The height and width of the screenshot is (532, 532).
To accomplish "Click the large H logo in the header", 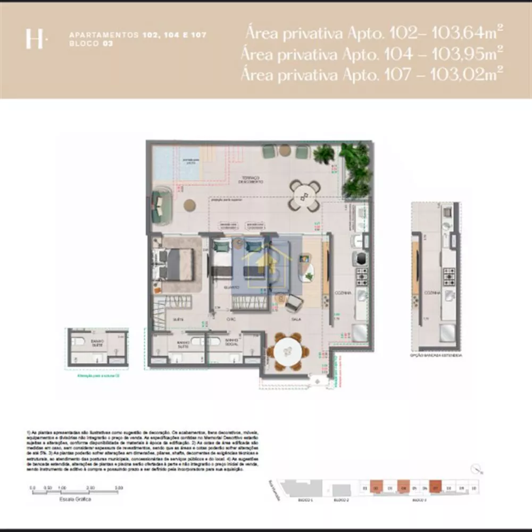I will [x=35, y=39].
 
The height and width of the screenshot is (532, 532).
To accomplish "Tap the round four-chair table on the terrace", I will [x=305, y=196].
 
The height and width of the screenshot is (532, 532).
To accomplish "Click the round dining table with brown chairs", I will [x=287, y=352].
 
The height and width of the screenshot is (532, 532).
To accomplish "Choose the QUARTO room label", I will [x=231, y=287].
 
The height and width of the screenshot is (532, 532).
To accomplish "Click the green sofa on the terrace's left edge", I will [x=161, y=206].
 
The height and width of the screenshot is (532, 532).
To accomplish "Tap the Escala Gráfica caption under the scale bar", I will [x=76, y=500].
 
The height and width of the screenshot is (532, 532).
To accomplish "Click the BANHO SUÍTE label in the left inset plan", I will [x=97, y=343].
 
